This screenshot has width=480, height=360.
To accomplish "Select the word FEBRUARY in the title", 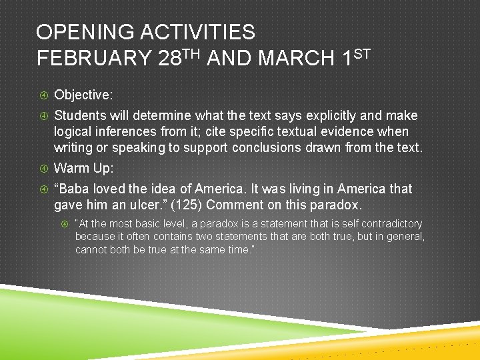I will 94,59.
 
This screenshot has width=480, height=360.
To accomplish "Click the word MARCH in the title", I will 295,59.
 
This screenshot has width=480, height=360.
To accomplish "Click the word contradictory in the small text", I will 393,224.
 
